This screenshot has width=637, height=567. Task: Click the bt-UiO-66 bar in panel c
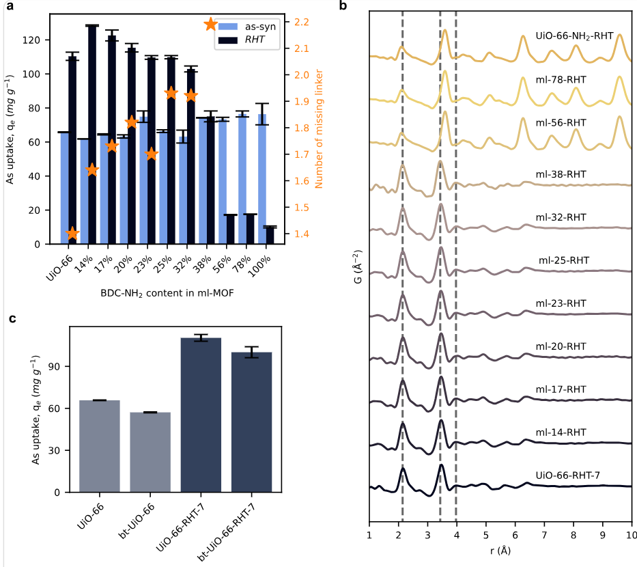click(150, 452)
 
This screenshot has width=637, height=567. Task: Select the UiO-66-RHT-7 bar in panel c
click(201, 415)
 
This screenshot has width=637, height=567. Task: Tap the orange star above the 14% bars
click(92, 170)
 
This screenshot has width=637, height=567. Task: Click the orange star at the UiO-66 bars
click(72, 234)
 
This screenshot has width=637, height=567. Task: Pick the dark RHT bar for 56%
click(231, 230)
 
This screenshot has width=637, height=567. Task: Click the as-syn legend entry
click(247, 27)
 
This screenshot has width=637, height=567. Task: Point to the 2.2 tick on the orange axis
click(302, 22)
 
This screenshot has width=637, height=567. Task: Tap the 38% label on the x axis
click(201, 264)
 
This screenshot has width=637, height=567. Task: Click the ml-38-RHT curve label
click(561, 174)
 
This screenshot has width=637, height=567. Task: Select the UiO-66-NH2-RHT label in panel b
click(574, 36)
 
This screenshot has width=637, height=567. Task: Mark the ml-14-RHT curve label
click(561, 432)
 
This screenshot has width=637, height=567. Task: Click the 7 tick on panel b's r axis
click(544, 535)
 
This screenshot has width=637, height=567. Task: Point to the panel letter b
click(343, 5)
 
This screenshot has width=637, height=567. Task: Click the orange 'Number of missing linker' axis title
click(319, 129)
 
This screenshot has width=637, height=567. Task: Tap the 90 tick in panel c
click(54, 367)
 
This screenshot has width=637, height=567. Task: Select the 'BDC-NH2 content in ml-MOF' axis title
click(167, 293)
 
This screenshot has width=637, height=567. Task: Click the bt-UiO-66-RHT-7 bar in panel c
click(251, 422)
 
